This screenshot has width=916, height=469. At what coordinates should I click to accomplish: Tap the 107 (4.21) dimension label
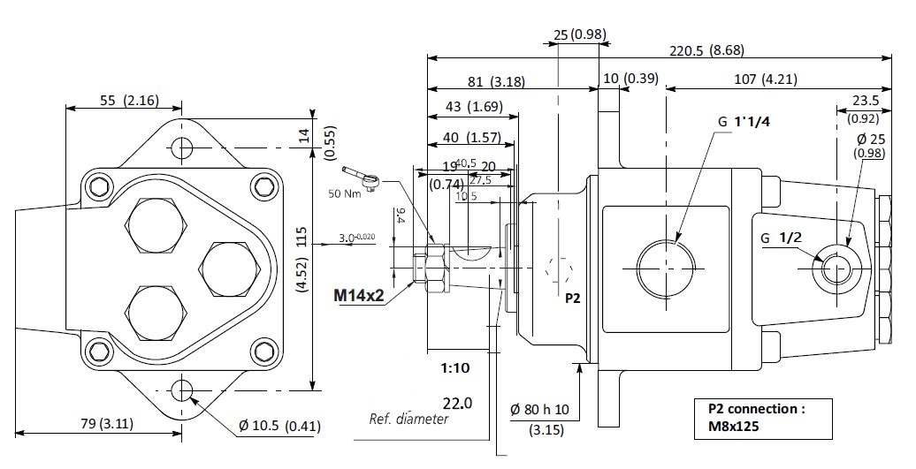click(x=765, y=79)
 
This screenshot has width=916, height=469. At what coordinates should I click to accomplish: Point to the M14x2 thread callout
click(x=358, y=295)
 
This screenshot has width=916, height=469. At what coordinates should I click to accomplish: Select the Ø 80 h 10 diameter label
click(x=540, y=411)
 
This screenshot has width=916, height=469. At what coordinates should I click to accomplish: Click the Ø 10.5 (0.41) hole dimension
click(x=279, y=427)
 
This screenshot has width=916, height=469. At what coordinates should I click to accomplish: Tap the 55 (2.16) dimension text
click(x=129, y=100)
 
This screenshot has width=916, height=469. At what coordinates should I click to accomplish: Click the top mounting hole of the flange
click(x=183, y=146)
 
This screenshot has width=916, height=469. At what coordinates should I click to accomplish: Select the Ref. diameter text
click(x=408, y=419)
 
